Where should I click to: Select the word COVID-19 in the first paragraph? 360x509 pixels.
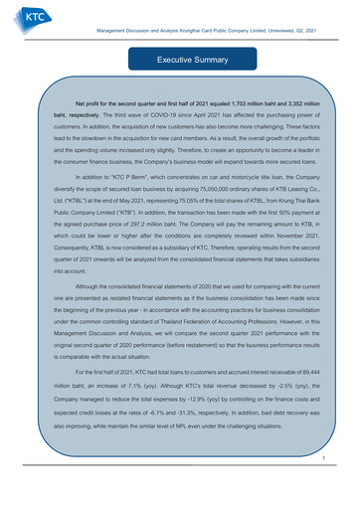pyautogui.click(x=132, y=115)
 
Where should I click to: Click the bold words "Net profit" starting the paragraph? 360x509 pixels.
pyautogui.click(x=78, y=102)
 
